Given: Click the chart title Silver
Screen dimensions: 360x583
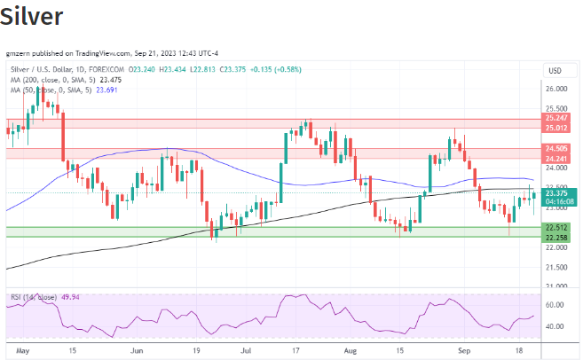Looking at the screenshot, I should click(32, 17).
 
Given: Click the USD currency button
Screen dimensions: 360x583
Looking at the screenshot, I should click(555, 70).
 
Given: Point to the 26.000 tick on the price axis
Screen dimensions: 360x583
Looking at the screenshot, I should click(556, 90).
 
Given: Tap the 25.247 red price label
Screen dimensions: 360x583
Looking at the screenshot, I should click(556, 119).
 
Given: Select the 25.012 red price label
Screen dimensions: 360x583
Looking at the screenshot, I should click(556, 128).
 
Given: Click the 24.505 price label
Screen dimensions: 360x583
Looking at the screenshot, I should click(556, 149).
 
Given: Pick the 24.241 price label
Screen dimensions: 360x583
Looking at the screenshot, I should click(556, 158).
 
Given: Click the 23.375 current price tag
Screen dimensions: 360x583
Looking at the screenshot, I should click(556, 192).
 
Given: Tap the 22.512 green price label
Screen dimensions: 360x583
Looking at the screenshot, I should click(556, 227).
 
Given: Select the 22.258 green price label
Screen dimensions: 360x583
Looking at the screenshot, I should click(556, 237).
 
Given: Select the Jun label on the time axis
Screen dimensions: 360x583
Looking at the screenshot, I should click(137, 350).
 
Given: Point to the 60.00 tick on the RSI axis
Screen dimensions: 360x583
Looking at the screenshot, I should click(555, 305).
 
